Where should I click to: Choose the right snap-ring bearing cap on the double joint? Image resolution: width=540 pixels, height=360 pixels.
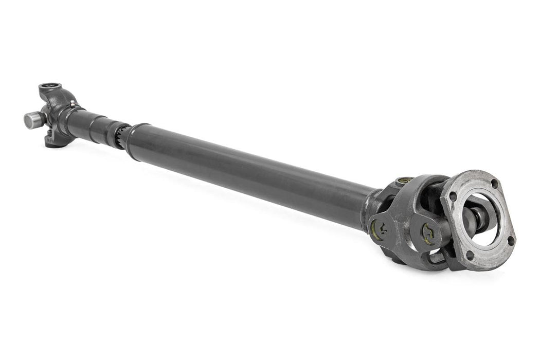(x=428, y=234)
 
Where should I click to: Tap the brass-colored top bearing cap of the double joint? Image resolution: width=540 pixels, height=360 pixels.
(x=404, y=181)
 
